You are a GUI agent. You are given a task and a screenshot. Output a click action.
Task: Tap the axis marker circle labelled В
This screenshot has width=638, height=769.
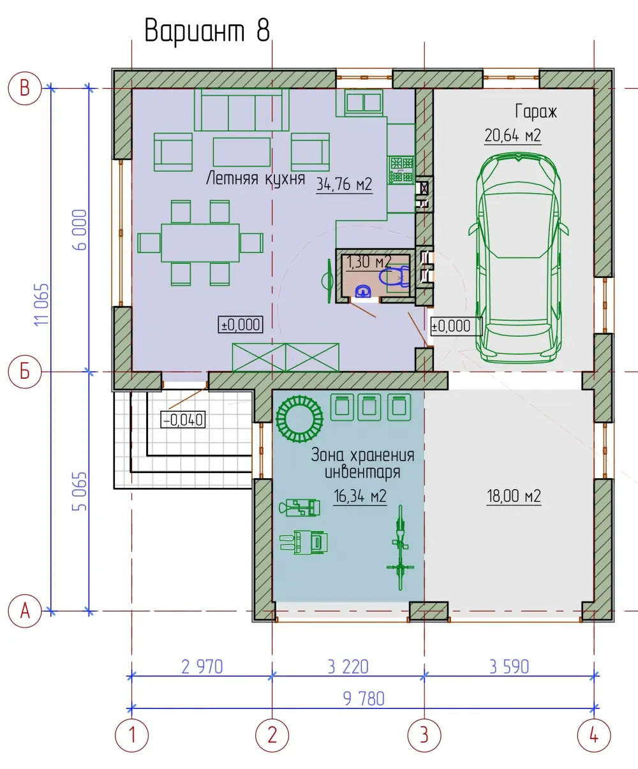[25, 88]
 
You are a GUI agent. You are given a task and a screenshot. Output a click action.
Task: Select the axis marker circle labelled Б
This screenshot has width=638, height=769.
[25, 372]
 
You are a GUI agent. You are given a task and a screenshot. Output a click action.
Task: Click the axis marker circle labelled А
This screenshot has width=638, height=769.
[25, 611]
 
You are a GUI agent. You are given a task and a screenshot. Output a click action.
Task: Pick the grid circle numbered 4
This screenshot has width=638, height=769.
[594, 735]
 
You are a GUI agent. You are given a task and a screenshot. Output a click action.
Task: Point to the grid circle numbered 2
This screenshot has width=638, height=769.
[272, 735]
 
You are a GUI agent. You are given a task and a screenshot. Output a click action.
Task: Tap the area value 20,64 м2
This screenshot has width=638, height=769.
[513, 136]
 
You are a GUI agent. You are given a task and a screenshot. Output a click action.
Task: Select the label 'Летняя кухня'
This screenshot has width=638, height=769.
[255, 179]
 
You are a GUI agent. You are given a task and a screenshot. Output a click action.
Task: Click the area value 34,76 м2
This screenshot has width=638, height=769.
[345, 184]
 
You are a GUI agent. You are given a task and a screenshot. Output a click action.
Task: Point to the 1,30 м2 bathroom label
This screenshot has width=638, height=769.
[369, 262]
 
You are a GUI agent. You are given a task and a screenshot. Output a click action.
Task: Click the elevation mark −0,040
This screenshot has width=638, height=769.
[183, 420]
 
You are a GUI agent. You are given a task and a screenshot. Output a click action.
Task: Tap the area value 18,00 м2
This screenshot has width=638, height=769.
[514, 496]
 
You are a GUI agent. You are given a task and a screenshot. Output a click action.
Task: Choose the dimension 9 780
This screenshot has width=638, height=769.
[364, 699]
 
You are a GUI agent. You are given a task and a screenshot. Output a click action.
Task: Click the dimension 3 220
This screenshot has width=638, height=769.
[348, 666]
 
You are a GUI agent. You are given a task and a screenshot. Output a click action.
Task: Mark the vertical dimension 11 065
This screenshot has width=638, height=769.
[41, 304]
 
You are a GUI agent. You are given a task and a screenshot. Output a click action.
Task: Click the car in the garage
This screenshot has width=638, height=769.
[519, 258]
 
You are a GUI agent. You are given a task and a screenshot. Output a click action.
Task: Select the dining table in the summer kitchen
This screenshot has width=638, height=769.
[200, 243]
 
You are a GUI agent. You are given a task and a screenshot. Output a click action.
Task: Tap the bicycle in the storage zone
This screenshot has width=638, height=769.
[400, 548]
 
